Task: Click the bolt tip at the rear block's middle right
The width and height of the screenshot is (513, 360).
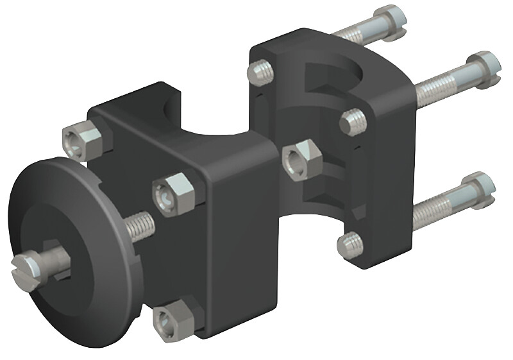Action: [x=350, y=121]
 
